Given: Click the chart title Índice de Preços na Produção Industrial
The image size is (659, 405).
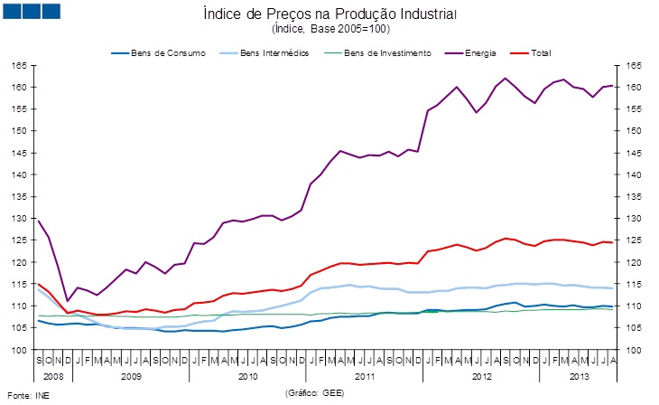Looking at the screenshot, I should [329, 14].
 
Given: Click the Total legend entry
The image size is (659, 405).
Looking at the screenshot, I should [539, 53].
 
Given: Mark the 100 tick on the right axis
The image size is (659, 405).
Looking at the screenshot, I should [633, 350].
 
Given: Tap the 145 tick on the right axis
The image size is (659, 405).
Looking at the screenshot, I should [633, 153].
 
